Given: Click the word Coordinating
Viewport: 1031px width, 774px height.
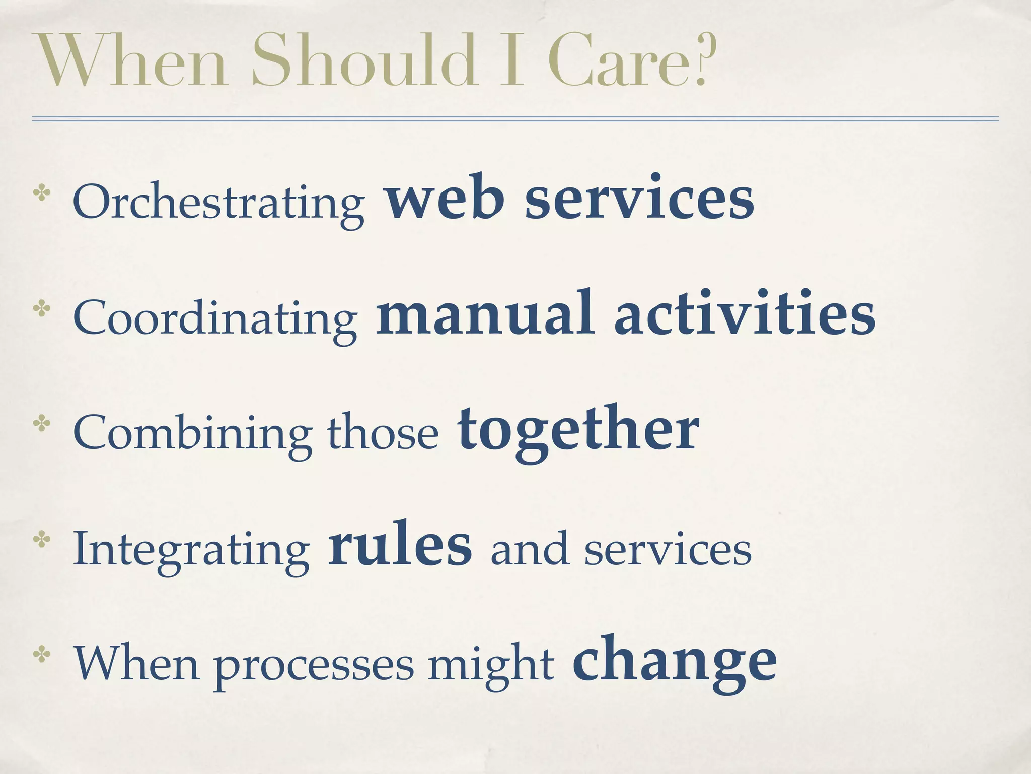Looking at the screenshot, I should [215, 317].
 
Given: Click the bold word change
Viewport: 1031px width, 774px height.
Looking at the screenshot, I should [675, 660].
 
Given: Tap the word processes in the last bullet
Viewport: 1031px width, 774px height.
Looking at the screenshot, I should [314, 665].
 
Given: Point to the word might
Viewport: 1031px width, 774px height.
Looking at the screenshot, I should [491, 663].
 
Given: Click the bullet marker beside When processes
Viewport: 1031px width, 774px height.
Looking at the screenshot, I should [41, 655].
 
